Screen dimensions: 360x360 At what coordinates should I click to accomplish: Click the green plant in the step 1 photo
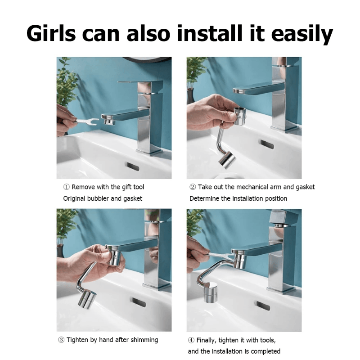point(65,85)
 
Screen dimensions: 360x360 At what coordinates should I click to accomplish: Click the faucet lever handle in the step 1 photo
point(135,83)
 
